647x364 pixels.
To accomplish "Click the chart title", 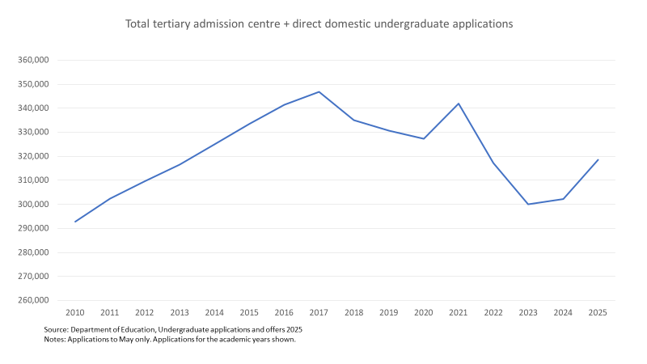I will [319, 24].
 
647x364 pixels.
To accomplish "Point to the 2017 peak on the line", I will [319, 91].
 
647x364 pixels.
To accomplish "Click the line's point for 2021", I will [459, 104].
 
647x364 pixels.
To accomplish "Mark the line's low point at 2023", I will [528, 204].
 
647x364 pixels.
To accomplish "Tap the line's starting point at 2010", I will [75, 222].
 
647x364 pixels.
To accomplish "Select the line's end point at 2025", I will [598, 159].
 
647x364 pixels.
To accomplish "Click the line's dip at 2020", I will [424, 138].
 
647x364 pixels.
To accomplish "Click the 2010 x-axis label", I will [75, 312].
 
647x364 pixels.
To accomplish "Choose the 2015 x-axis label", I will [249, 312].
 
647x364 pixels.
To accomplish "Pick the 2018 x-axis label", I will [353, 312].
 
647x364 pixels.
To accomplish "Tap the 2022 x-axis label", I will [493, 312].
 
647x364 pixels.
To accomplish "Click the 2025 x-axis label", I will [598, 312].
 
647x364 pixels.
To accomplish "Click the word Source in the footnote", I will [56, 329].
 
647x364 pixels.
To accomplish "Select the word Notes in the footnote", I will [55, 339].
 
